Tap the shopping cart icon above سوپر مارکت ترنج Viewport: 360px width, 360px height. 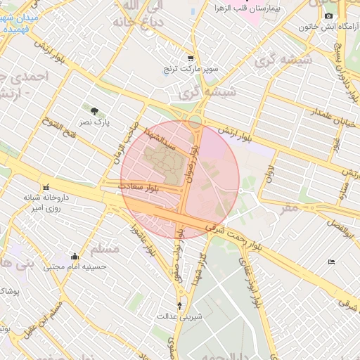[x=191, y=58]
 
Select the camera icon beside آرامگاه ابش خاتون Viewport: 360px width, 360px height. [x=328, y=15]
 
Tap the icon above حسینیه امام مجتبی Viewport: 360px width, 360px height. [x=75, y=256]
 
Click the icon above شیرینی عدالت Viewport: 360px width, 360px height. [x=179, y=305]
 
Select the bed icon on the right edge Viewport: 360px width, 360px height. [x=331, y=262]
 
